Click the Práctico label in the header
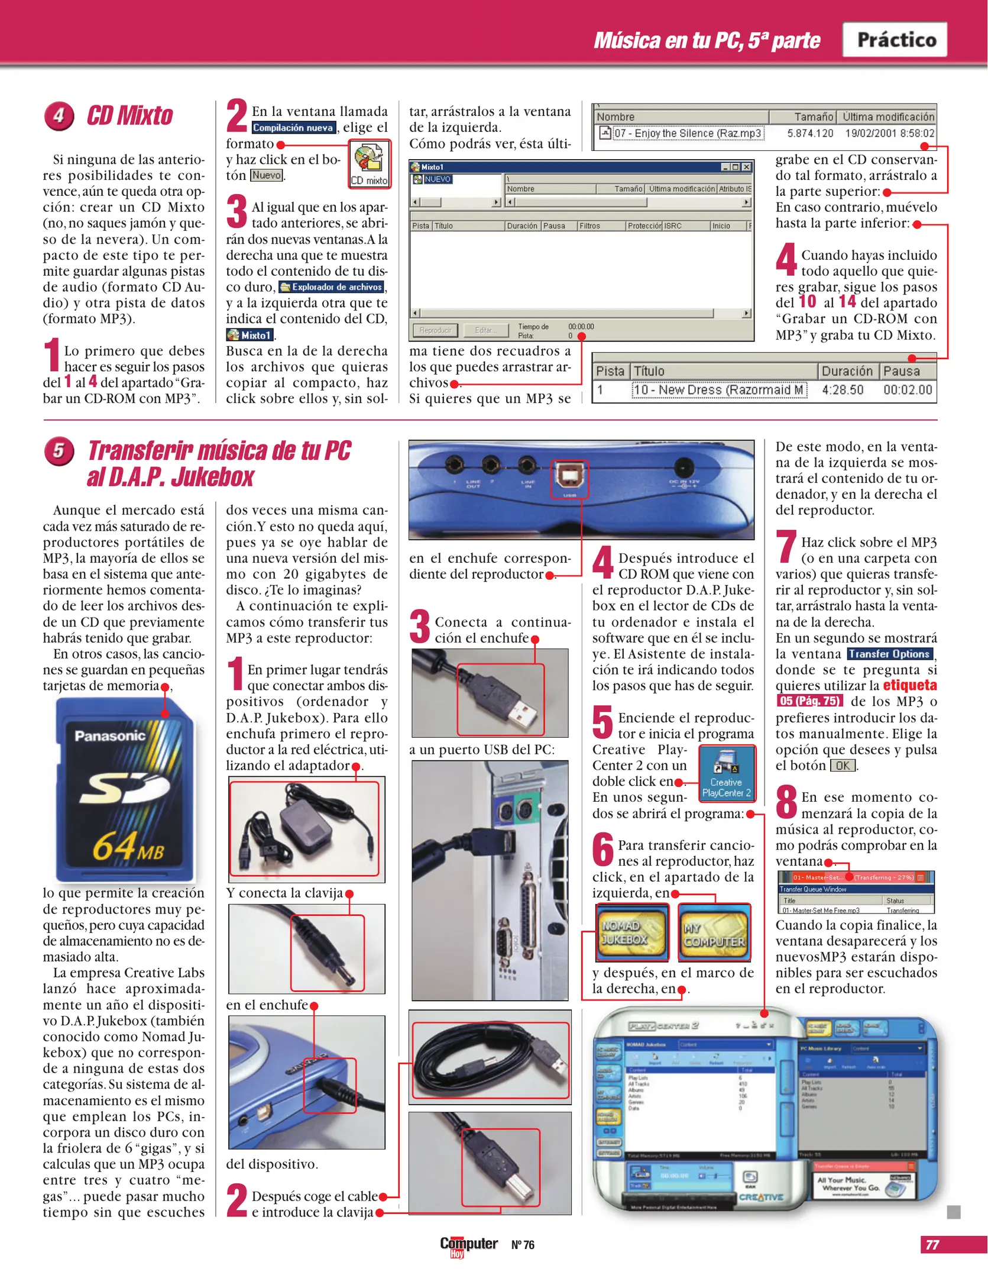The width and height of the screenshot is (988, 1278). pos(895,40)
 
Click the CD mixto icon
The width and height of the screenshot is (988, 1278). pos(369,164)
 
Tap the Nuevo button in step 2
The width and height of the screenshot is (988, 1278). pos(267,175)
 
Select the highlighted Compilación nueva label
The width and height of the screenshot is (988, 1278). pos(293,127)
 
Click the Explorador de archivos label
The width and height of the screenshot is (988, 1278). pos(332,287)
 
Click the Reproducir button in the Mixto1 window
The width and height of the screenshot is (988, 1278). pos(435,330)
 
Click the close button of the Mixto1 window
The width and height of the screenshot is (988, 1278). pos(747,167)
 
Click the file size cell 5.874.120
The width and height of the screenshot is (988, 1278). pos(809,133)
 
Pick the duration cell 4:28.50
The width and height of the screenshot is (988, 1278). pos(842,390)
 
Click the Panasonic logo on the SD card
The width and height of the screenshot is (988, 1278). pos(110,735)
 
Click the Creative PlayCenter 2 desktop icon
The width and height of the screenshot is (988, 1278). pos(726,773)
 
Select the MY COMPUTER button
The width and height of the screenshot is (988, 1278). pos(714,932)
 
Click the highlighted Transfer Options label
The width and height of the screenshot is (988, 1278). pos(889,654)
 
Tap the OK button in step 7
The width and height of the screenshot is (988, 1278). pos(842,766)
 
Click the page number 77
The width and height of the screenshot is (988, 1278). pos(932,1244)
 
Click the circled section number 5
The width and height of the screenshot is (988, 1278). pos(59,451)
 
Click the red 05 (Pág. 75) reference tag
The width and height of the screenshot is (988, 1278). pos(809,701)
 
